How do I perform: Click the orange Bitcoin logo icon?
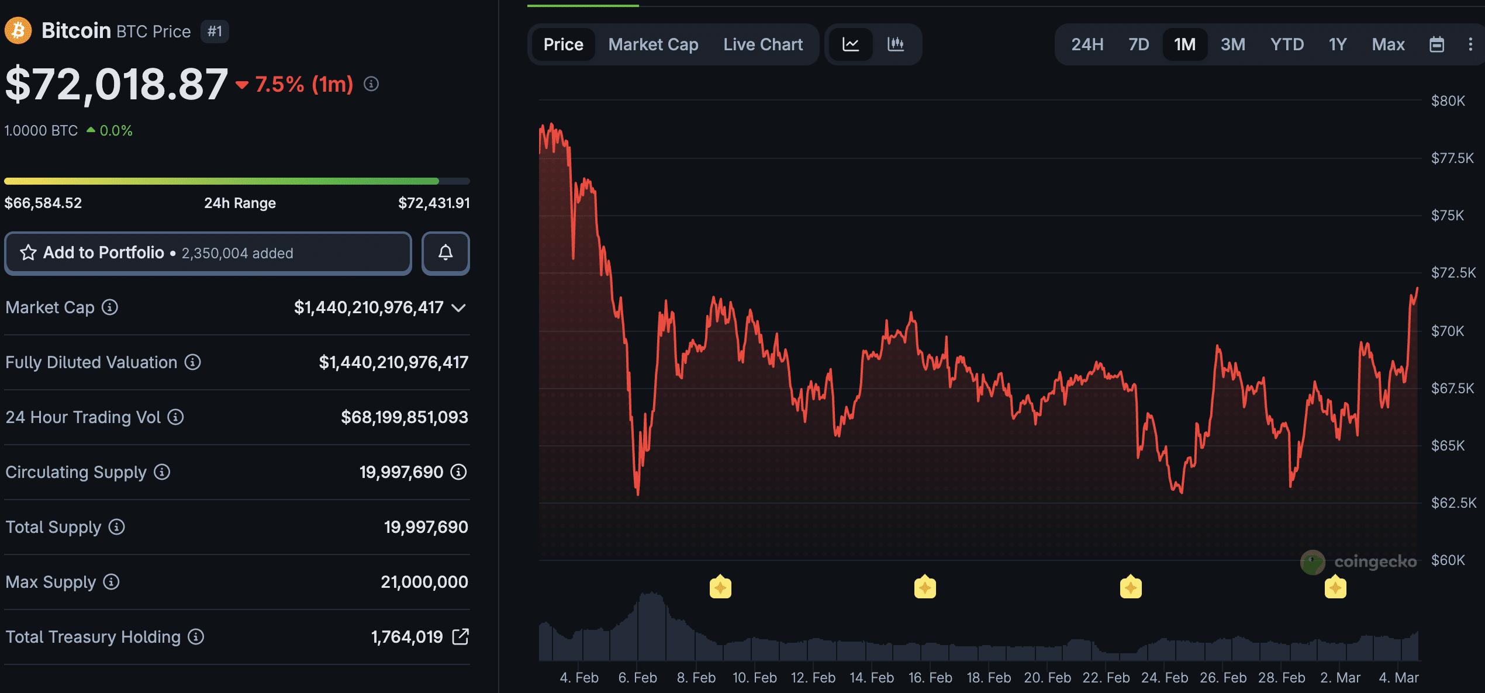coord(18,31)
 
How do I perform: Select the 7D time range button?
coord(1138,44)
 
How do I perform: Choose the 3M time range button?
coord(1232,44)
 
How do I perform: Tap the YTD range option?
coord(1287,44)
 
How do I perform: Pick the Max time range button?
coord(1388,44)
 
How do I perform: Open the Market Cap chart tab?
coord(653,44)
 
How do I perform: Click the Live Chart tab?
coord(763,44)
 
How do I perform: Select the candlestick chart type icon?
coord(895,44)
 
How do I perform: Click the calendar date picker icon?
coord(1436,44)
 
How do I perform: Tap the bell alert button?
coord(445,253)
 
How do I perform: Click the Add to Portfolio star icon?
coord(28,253)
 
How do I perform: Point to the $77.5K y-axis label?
coord(1452,158)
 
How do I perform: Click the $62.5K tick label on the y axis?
coord(1453,503)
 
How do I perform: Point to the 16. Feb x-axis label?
coord(930,678)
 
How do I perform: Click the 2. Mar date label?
coord(1340,678)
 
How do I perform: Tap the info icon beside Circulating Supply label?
coord(162,472)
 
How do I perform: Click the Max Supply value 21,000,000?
coord(424,582)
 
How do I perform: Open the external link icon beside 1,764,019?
coord(461,637)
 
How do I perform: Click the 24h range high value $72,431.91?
coord(434,203)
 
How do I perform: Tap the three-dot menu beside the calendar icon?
coord(1470,44)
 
